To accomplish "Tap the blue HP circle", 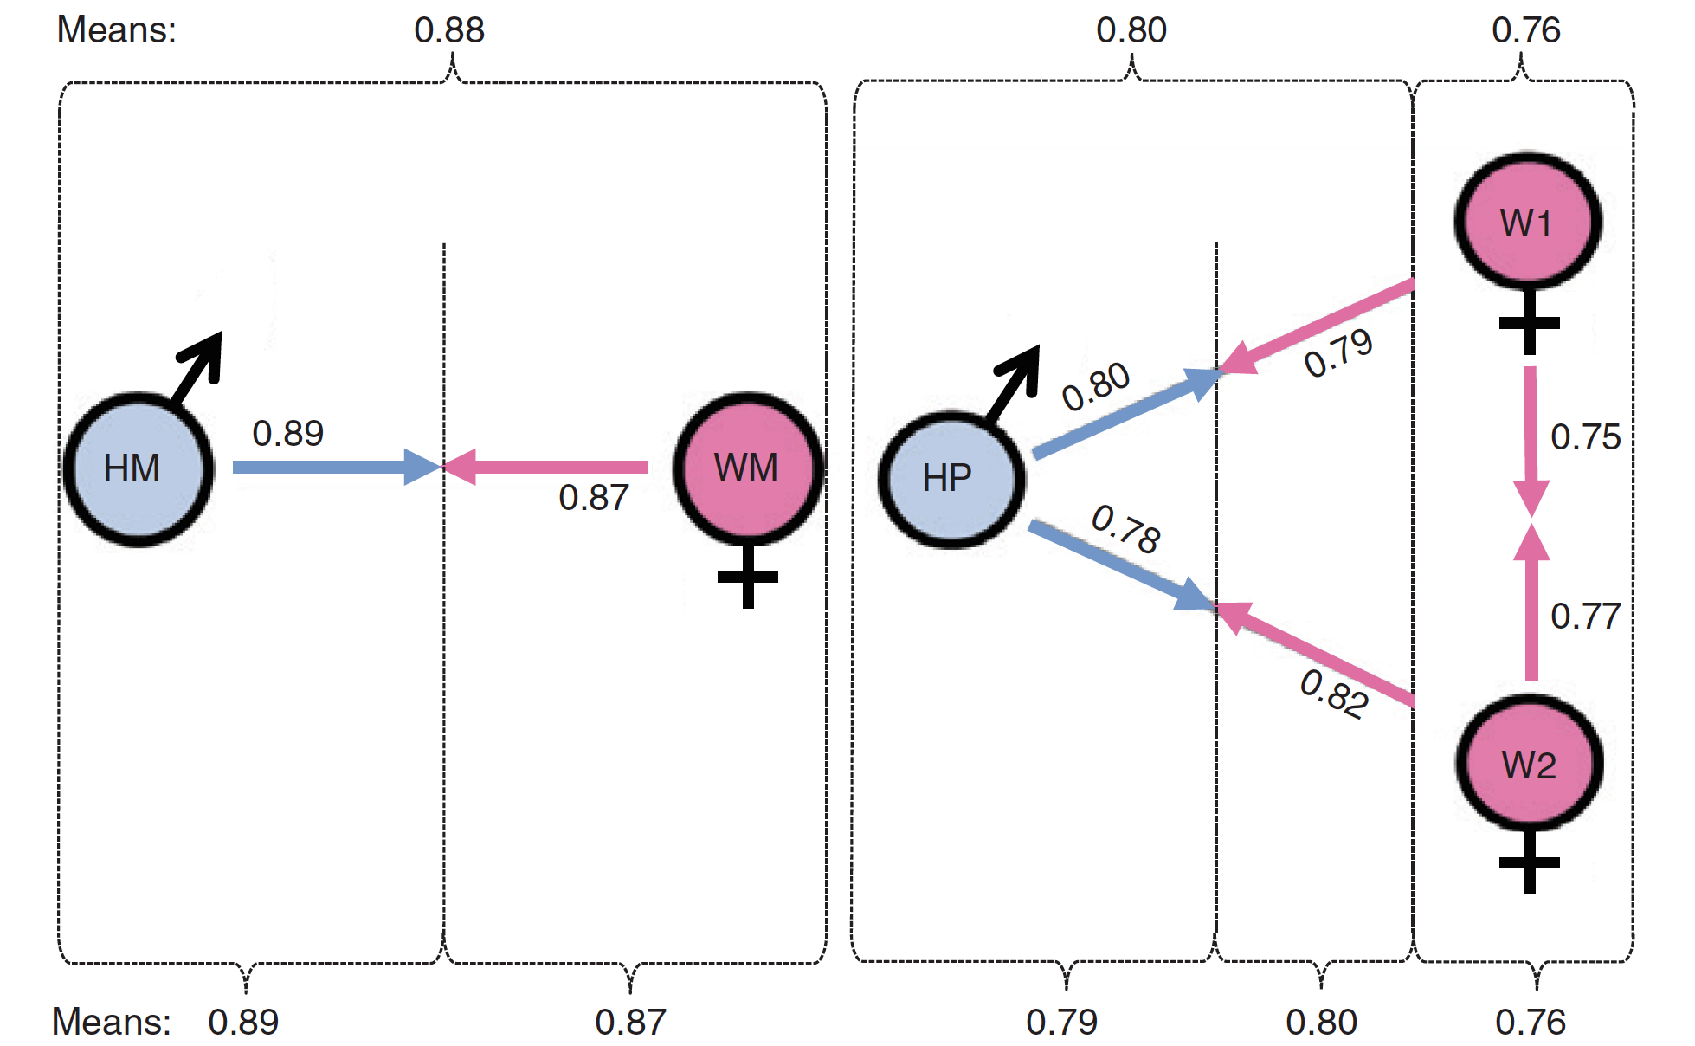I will [951, 480].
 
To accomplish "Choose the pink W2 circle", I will [1530, 764].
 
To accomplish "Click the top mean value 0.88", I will [449, 30].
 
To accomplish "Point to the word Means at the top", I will [116, 30].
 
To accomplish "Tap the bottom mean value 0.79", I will [1061, 1023].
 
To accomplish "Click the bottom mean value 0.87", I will [630, 1023].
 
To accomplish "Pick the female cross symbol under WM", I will [748, 578].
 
